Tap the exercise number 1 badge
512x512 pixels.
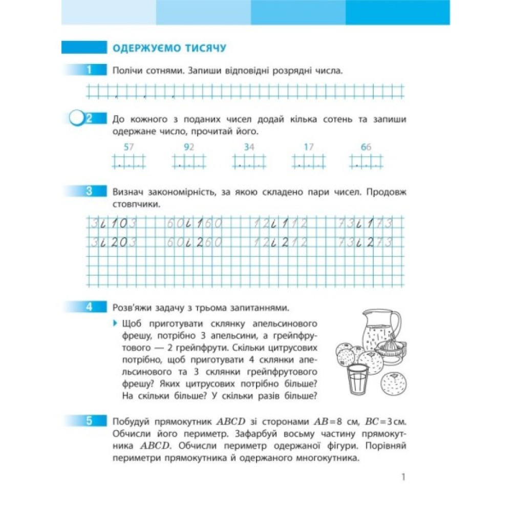[89, 70]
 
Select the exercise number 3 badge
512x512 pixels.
[89, 192]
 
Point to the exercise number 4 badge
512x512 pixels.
[89, 307]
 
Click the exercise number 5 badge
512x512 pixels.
[89, 421]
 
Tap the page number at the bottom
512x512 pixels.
[403, 477]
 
